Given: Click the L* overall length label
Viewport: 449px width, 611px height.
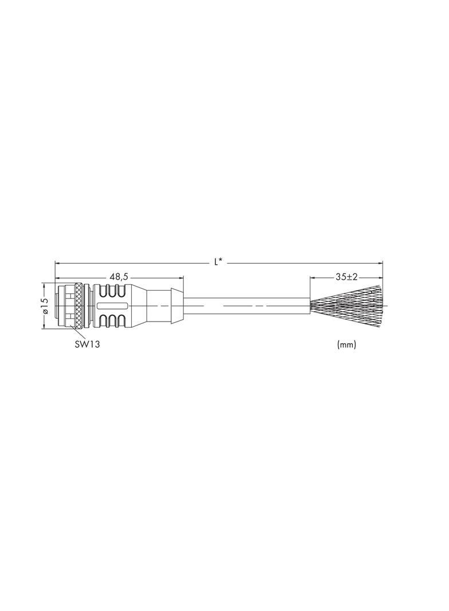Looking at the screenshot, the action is [x=218, y=263].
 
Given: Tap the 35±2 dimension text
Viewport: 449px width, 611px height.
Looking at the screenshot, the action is [x=346, y=277].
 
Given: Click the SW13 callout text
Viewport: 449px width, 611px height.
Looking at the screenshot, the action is [x=87, y=344].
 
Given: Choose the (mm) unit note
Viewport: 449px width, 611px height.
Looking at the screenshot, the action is [x=346, y=344].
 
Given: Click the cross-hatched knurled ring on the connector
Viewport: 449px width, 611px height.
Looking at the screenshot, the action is [x=79, y=306].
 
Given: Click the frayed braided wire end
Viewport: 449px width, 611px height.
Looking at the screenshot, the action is [x=346, y=306].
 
